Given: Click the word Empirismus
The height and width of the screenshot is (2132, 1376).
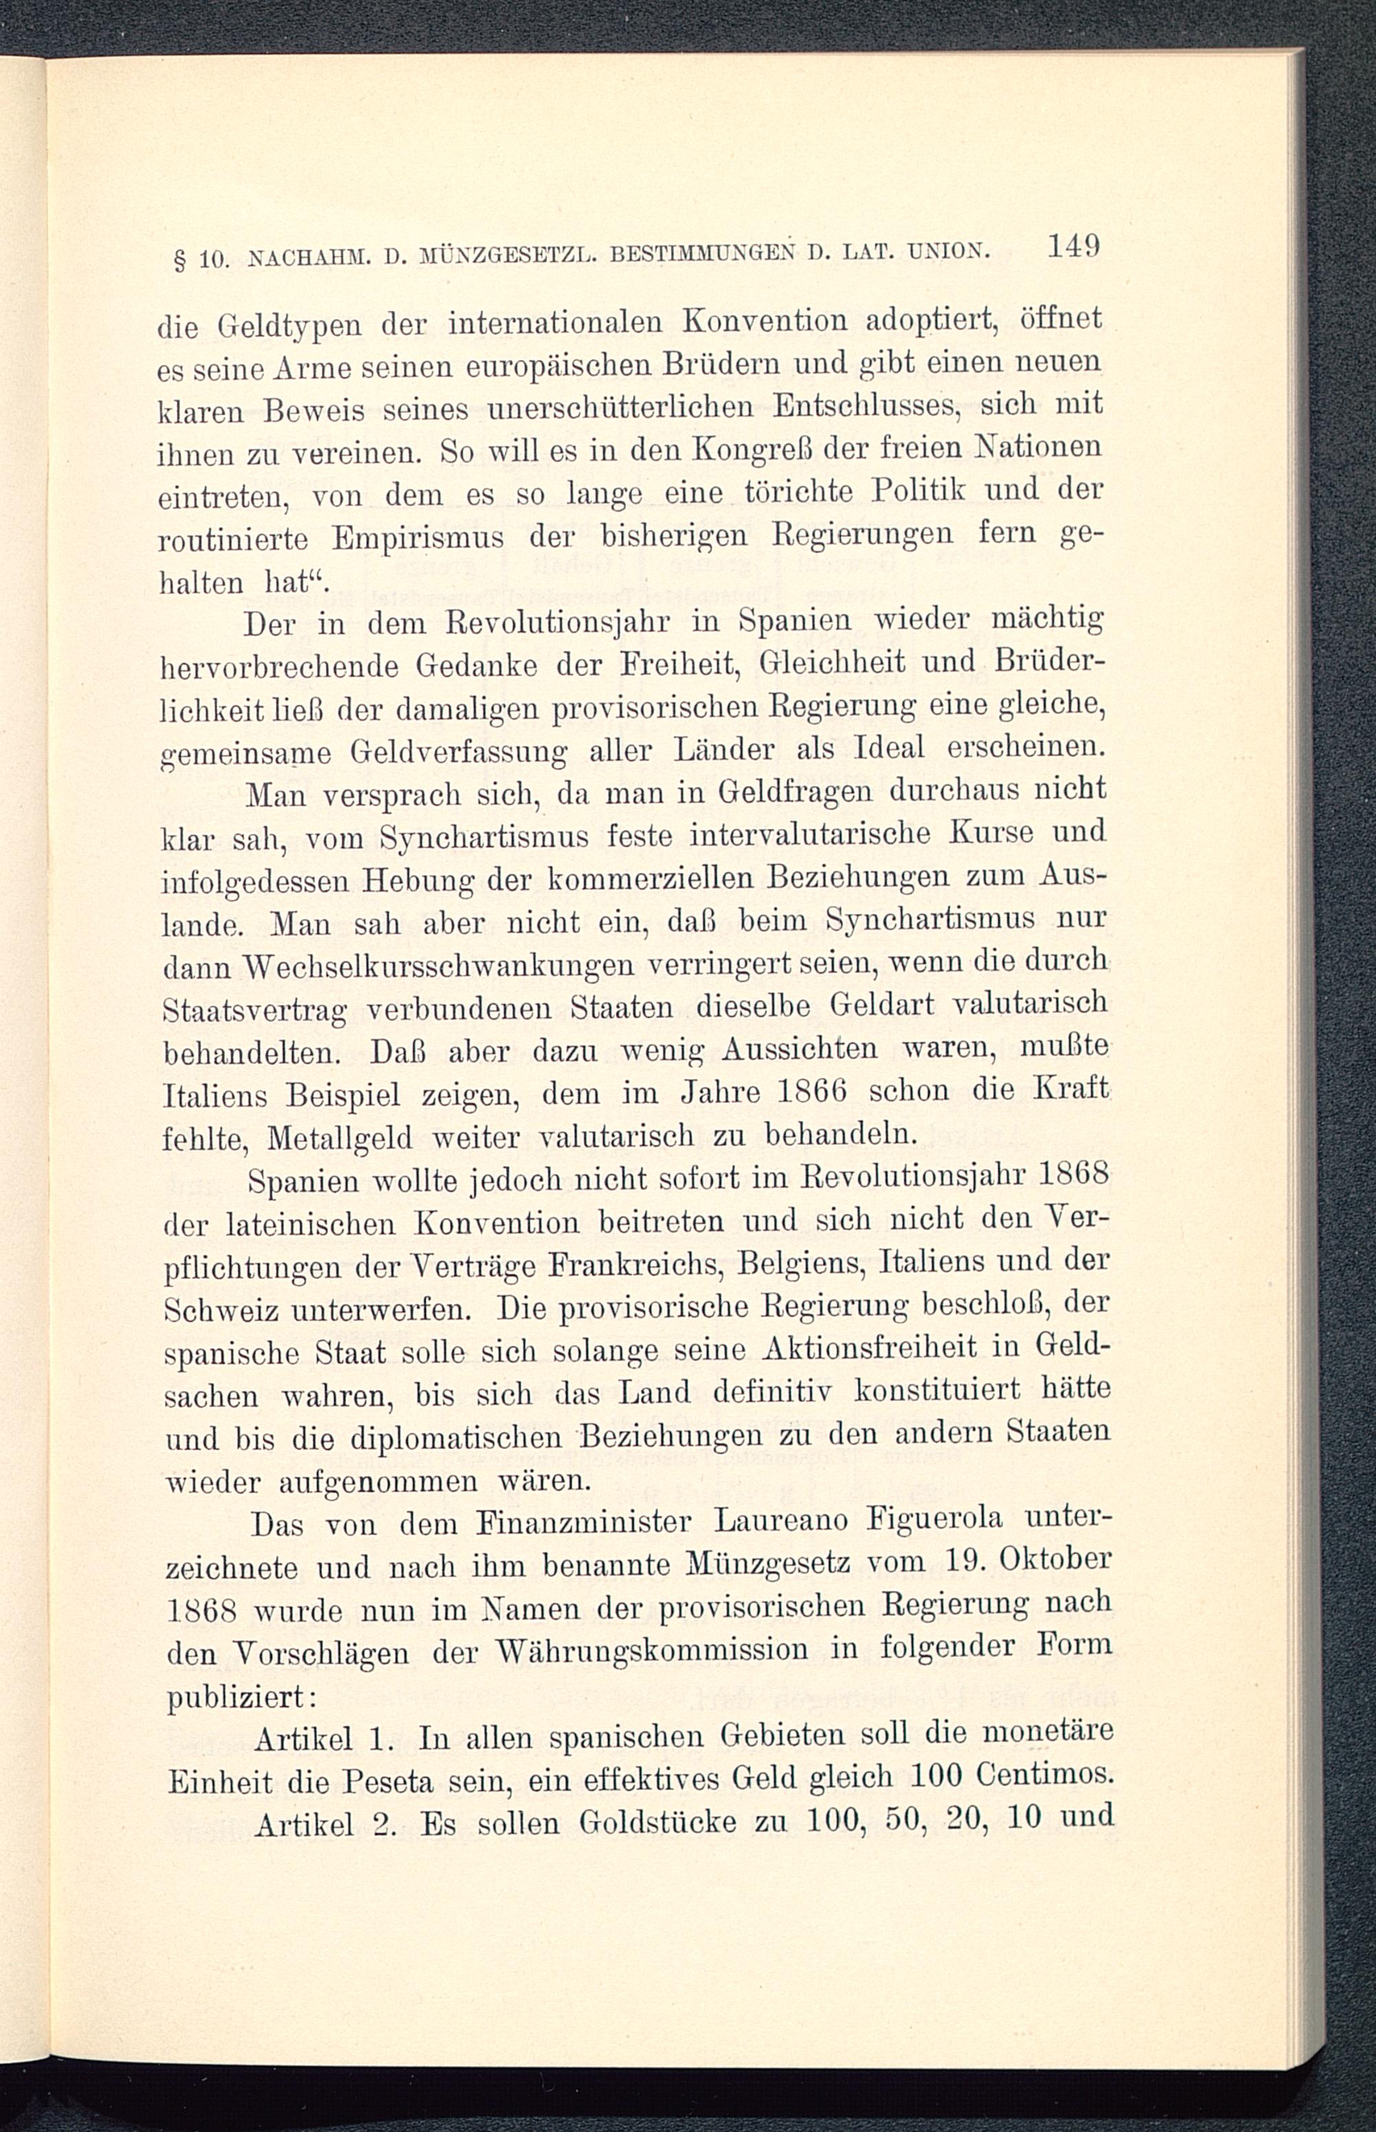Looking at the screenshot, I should (x=416, y=539).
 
